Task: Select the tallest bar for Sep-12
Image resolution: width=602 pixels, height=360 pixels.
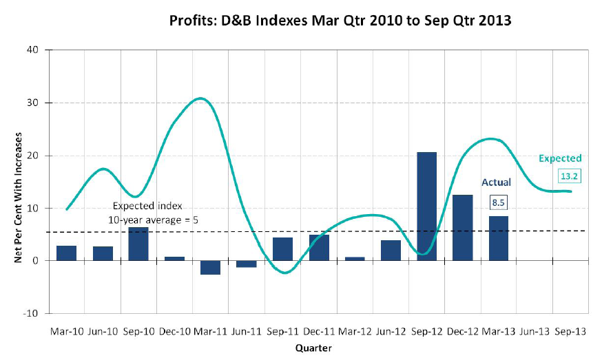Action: pyautogui.click(x=426, y=207)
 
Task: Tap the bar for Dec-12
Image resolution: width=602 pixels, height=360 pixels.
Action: pyautogui.click(x=462, y=228)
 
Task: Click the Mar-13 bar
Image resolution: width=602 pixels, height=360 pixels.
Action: pyautogui.click(x=498, y=238)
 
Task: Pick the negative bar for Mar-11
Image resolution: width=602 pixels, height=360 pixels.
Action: pyautogui.click(x=210, y=268)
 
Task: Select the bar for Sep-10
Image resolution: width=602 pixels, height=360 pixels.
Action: pyautogui.click(x=138, y=244)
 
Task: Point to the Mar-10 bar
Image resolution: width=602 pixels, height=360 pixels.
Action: pyautogui.click(x=66, y=253)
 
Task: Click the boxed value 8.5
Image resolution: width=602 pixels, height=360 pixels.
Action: pyautogui.click(x=498, y=202)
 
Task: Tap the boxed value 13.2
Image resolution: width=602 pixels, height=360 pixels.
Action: pyautogui.click(x=570, y=176)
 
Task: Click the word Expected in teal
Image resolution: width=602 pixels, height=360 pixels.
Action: pyautogui.click(x=560, y=158)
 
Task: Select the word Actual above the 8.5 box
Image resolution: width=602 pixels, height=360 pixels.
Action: pyautogui.click(x=496, y=182)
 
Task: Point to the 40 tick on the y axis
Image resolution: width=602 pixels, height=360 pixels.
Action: pyautogui.click(x=32, y=50)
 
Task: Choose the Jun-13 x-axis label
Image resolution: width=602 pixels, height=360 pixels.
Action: pyautogui.click(x=534, y=331)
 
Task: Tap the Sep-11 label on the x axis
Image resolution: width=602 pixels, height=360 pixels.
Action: pyautogui.click(x=282, y=331)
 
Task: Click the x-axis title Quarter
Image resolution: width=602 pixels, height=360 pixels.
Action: pyautogui.click(x=313, y=348)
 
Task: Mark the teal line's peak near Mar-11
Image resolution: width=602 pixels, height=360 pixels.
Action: pyautogui.click(x=200, y=98)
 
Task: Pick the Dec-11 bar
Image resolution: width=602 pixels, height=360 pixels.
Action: pyautogui.click(x=318, y=248)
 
